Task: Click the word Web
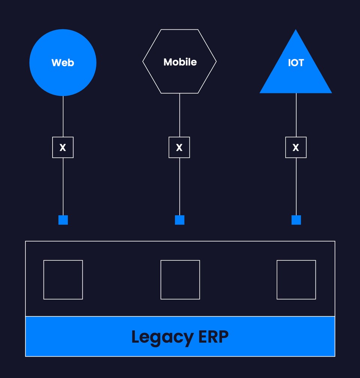point(63,63)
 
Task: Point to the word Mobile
point(180,62)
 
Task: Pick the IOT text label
point(296,63)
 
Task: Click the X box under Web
point(63,147)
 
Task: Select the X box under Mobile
point(179,147)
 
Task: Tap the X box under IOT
point(296,147)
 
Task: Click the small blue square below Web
point(63,220)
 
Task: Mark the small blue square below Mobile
point(180,220)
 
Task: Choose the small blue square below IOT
point(296,220)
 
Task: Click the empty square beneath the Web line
point(63,280)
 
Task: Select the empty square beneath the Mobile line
point(180,280)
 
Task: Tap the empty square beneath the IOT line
point(296,280)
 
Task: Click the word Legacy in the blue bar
point(162,337)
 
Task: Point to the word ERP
point(213,336)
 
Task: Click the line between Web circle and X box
point(63,116)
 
